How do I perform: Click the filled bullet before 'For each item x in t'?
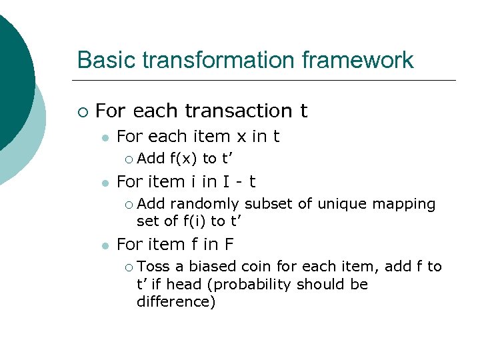coord(105,137)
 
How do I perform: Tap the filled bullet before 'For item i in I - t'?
coord(105,182)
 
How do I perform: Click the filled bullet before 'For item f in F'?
coord(105,245)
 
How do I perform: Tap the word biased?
coord(212,267)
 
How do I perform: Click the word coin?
coord(256,267)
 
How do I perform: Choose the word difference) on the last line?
coord(175,302)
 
